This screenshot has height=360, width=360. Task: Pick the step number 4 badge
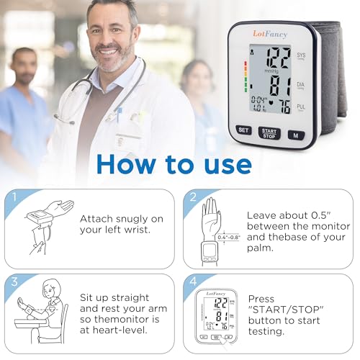193,282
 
